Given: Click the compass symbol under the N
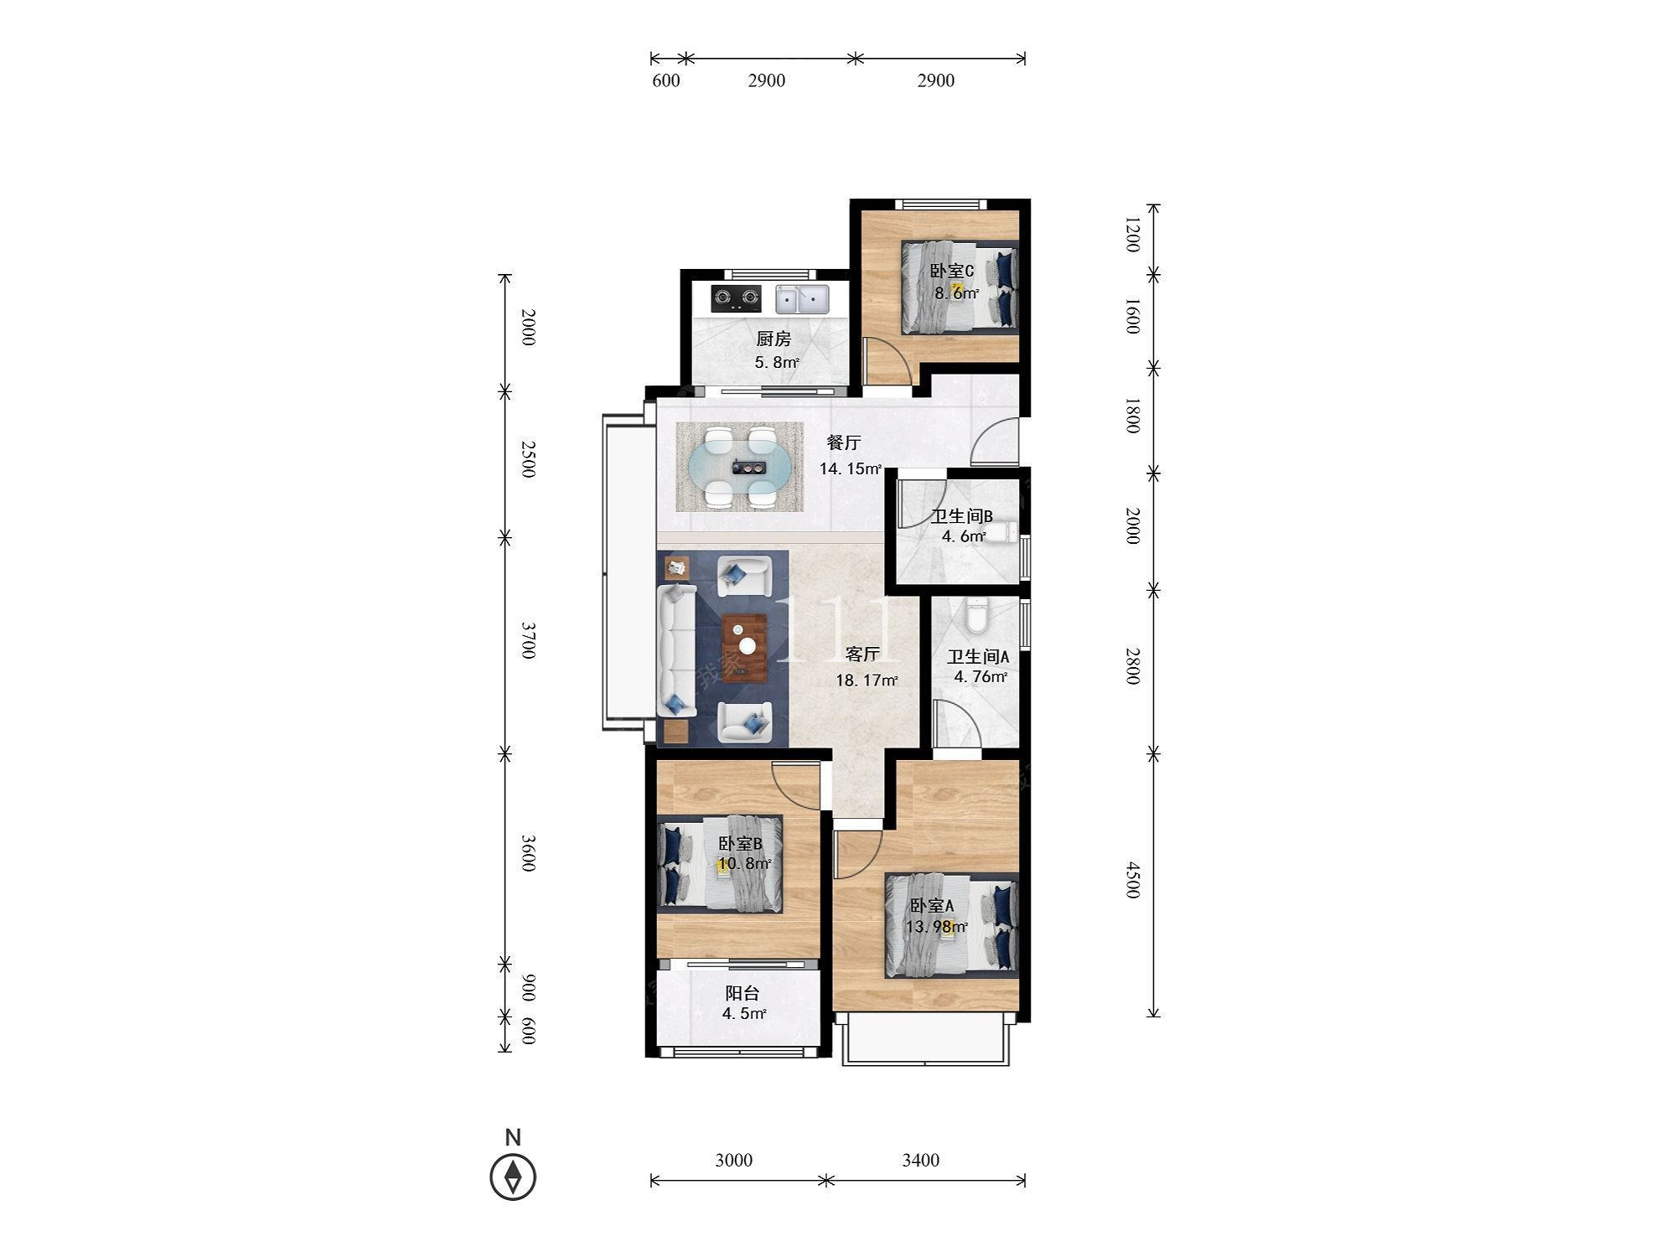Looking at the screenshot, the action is click(x=513, y=1177).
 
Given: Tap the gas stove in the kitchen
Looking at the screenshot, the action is click(x=150, y=297).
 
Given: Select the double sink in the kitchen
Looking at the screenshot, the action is click(x=801, y=298).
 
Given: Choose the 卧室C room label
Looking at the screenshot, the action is click(x=951, y=272).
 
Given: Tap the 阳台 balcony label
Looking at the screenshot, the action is click(x=742, y=993).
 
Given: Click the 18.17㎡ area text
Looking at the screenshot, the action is click(x=867, y=680).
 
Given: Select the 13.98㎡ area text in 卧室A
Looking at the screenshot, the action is click(x=937, y=926).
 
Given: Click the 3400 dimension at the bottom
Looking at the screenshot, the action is click(x=920, y=1160).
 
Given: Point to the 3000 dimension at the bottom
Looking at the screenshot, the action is click(x=734, y=1160).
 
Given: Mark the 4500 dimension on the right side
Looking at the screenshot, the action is click(x=1132, y=880).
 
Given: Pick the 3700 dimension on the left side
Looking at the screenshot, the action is click(x=528, y=639).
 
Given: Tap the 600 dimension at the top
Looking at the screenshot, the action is click(x=666, y=80).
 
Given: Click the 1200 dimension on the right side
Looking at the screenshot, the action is click(x=1132, y=235).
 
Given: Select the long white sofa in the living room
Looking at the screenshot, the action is click(x=677, y=651).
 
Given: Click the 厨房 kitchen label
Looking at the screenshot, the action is click(x=773, y=339).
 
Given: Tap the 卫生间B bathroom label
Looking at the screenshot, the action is click(x=962, y=516).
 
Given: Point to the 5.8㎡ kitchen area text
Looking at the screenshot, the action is click(x=777, y=362).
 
